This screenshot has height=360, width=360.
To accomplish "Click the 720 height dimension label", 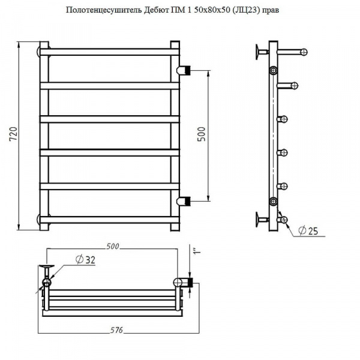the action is pyautogui.click(x=14, y=134).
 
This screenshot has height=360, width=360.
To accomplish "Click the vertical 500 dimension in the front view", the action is pyautogui.click(x=202, y=134).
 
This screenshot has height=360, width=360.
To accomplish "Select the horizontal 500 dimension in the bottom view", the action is pyautogui.click(x=113, y=247).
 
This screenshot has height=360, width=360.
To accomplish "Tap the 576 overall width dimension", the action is pyautogui.click(x=116, y=330).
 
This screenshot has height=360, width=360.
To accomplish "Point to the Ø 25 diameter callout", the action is pyautogui.click(x=308, y=231).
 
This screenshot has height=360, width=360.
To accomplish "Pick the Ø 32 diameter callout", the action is pyautogui.click(x=85, y=260).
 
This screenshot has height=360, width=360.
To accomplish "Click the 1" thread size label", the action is pyautogui.click(x=197, y=250).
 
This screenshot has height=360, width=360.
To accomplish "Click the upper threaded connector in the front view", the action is pyautogui.click(x=184, y=70).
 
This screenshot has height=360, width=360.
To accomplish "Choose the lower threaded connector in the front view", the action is pyautogui.click(x=184, y=201).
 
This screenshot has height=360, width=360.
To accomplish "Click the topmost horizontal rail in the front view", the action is pyautogui.click(x=110, y=52).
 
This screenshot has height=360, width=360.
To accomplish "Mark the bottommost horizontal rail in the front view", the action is pyautogui.click(x=110, y=220).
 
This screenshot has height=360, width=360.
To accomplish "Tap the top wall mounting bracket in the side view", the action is pyautogui.click(x=262, y=52).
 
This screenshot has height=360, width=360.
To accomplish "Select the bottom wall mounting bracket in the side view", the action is pyautogui.click(x=262, y=220).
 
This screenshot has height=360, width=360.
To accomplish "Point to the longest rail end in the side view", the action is pyautogui.click(x=292, y=52).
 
